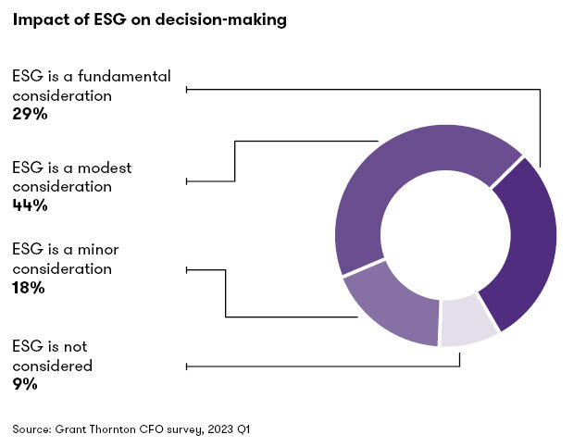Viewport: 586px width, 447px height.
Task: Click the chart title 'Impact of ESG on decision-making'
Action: (149, 21)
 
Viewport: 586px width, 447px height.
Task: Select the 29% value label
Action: (30, 115)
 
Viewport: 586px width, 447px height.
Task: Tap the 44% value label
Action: (30, 205)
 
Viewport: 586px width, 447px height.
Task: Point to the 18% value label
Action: (28, 288)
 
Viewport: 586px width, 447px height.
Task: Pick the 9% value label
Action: (24, 384)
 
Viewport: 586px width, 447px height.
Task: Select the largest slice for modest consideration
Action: (407, 176)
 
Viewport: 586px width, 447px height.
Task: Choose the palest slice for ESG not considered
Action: (468, 322)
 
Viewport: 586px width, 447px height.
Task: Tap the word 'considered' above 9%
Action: (53, 366)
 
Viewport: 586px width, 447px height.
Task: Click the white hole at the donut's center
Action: (445, 238)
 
